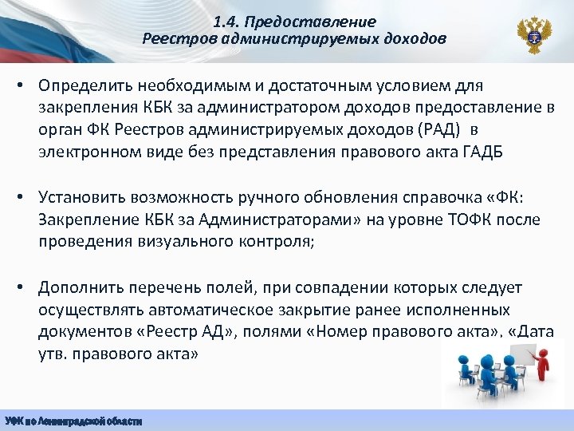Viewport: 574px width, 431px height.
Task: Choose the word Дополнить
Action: (83, 287)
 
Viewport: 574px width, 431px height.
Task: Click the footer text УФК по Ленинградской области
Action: (73, 421)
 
